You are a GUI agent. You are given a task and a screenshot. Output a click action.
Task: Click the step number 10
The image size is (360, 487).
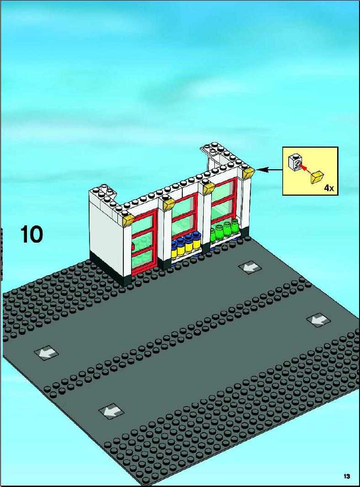coord(32,234)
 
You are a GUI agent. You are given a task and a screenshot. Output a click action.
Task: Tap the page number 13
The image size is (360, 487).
coord(347,476)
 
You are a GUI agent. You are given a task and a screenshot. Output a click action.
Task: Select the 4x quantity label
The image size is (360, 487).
coord(329,187)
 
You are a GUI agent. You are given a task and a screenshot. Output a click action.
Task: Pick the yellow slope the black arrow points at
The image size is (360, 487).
coord(249,173)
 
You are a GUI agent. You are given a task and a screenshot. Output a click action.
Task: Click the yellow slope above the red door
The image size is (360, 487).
coord(128,220)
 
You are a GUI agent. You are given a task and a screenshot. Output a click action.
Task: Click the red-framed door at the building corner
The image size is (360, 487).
coord(143,243)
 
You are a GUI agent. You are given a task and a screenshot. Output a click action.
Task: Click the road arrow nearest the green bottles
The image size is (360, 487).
coord(251,267)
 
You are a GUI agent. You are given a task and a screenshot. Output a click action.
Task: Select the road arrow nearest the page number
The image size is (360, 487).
coord(318,320)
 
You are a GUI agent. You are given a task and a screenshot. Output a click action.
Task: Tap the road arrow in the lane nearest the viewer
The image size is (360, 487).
coord(111,412)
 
